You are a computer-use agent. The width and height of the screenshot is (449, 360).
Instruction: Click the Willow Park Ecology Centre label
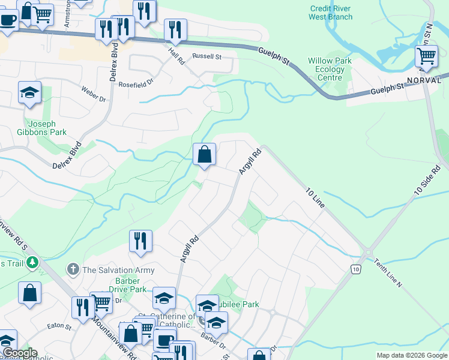(326, 69)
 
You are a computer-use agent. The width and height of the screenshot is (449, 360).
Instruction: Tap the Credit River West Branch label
(330, 13)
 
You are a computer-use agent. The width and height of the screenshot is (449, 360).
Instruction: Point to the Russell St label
(207, 57)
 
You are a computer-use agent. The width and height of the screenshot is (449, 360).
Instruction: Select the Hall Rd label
(176, 58)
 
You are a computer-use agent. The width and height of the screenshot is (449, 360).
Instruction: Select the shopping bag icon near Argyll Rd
(205, 155)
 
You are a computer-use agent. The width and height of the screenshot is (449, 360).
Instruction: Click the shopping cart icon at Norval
(426, 57)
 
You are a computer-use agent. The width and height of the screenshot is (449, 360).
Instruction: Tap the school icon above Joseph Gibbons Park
(29, 93)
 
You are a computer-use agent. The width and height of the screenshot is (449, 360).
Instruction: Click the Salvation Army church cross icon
(73, 269)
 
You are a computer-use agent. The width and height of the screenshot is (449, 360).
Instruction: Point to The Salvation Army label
(119, 270)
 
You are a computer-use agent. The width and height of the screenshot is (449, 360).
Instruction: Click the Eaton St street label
(59, 328)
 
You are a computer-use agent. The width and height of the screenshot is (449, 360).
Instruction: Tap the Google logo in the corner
(19, 353)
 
